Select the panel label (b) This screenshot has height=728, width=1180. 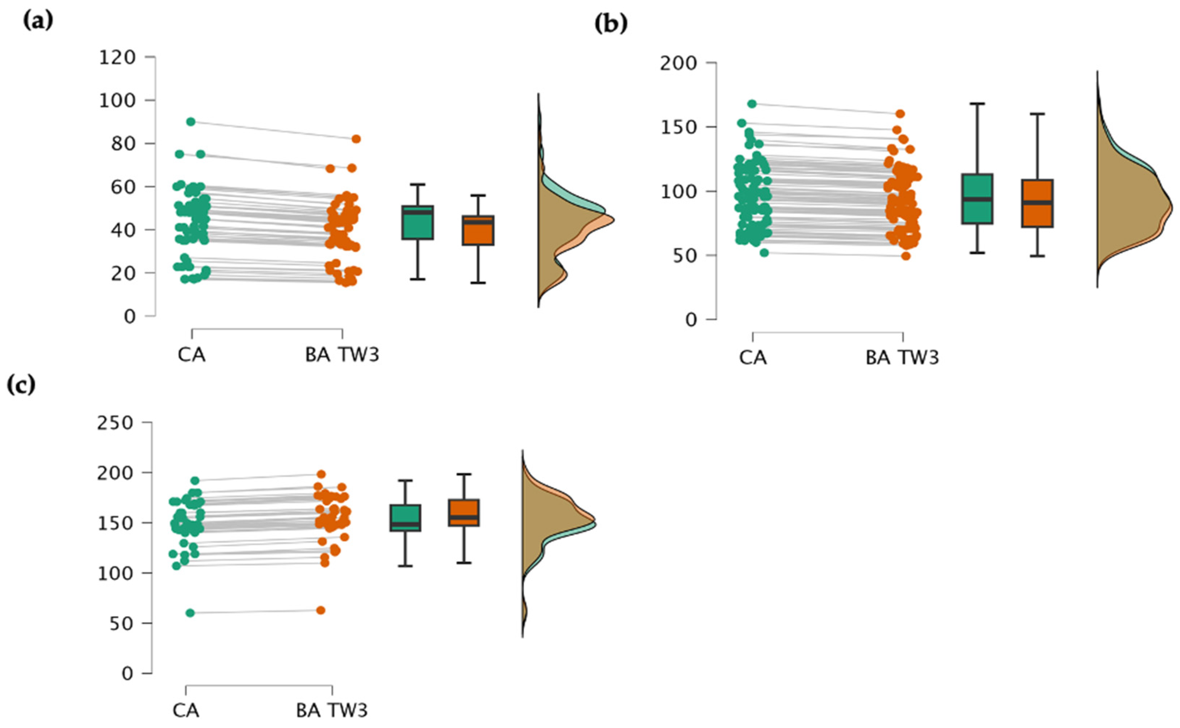[x=611, y=24]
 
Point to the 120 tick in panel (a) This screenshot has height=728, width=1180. [x=117, y=58]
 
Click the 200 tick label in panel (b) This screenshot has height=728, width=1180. [x=678, y=64]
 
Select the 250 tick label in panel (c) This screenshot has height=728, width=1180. [x=114, y=423]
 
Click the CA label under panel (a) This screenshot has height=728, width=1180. [x=192, y=355]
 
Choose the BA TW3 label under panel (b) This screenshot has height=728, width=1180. [x=902, y=358]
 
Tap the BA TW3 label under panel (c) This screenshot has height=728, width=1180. [x=332, y=711]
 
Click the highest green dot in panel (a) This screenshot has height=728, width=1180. [x=191, y=122]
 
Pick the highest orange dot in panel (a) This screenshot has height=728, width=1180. [x=356, y=139]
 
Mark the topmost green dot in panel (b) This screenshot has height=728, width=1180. [x=752, y=104]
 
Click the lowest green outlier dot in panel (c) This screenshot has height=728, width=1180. [x=190, y=613]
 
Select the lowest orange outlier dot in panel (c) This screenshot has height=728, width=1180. [x=321, y=611]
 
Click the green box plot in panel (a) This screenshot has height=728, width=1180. [x=418, y=223]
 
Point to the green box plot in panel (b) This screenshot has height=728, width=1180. [x=977, y=199]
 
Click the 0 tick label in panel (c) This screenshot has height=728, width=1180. [x=127, y=674]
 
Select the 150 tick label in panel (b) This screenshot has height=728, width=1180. [x=678, y=127]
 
